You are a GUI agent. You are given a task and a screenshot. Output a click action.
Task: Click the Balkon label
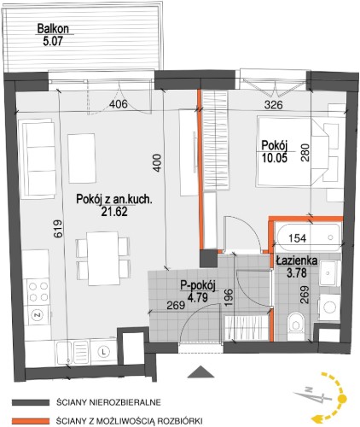[x=53, y=29]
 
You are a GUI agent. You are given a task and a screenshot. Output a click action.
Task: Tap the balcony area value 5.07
[x=53, y=42]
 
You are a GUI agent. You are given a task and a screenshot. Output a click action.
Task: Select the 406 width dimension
[x=119, y=104]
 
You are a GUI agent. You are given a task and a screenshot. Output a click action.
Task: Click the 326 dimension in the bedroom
[x=274, y=105]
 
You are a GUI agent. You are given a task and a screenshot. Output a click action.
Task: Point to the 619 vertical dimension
[x=58, y=228]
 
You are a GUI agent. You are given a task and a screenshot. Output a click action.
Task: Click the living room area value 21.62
[x=114, y=211]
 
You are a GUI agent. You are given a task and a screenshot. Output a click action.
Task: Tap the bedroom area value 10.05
[x=275, y=157]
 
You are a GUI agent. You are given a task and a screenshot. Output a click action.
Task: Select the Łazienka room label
[x=297, y=260]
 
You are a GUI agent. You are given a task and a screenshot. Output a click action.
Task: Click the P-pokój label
[x=198, y=285]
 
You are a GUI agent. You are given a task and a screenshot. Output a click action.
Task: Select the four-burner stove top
[x=38, y=291]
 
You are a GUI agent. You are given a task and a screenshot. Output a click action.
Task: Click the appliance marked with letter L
[x=103, y=352]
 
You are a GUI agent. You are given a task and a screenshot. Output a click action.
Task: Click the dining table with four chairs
[x=103, y=259]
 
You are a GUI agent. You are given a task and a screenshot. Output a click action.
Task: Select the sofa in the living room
[x=37, y=158]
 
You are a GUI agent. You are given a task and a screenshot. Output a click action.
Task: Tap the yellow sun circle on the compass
[x=342, y=399]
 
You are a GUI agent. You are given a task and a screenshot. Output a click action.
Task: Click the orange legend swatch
[x=31, y=421]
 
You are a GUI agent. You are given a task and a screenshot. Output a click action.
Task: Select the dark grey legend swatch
[x=31, y=402]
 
